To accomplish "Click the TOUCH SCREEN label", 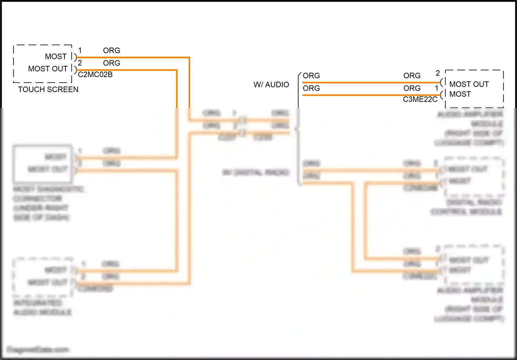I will (x=48, y=89).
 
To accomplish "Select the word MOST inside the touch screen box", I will (x=56, y=57).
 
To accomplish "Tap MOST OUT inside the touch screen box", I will (x=48, y=69).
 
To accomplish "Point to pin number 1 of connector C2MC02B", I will (x=80, y=51).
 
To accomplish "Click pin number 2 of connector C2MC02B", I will (x=80, y=63).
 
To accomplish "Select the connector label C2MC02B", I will (x=95, y=74).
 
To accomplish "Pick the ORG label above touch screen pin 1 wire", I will (x=112, y=51).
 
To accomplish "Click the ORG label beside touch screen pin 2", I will (x=112, y=63).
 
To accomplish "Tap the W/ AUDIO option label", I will (x=271, y=85).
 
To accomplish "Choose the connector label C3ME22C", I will (x=420, y=99).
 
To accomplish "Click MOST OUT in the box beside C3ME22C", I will (x=469, y=84).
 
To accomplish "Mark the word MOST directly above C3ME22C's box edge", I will (x=460, y=94).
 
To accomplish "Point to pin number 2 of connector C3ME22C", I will (x=438, y=73).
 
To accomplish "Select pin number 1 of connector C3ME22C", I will (x=437, y=88).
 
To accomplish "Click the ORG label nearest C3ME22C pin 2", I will (x=412, y=76).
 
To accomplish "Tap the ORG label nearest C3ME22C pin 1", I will (x=412, y=88).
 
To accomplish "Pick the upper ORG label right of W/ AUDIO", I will (x=311, y=76).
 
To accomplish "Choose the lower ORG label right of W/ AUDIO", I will (x=311, y=88).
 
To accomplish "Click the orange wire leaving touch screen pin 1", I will (x=138, y=57).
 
